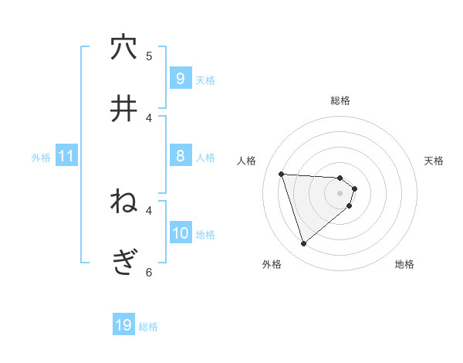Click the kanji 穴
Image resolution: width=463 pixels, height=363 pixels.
(123, 48)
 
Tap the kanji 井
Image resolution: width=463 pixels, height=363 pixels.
(123, 110)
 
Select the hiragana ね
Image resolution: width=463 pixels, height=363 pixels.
(123, 202)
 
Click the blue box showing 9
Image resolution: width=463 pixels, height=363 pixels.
(180, 78)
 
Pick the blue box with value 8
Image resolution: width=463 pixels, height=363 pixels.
(180, 156)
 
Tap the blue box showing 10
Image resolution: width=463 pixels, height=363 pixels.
(180, 233)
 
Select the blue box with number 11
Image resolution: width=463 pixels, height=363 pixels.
(66, 156)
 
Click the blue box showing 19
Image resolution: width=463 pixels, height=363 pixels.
(123, 325)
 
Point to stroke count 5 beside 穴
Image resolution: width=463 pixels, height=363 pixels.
(149, 56)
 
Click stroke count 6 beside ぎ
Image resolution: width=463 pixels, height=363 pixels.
(149, 272)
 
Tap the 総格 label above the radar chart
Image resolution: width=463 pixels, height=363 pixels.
(340, 100)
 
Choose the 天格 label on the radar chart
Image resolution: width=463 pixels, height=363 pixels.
(434, 161)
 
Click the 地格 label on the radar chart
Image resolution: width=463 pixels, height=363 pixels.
(404, 264)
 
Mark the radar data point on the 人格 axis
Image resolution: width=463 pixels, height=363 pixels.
(282, 174)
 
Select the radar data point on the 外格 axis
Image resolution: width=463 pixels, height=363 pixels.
(303, 244)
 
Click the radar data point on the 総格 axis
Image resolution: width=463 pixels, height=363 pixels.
(340, 178)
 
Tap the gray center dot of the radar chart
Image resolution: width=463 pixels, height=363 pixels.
(340, 203)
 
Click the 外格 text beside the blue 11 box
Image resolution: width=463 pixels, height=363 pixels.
(41, 157)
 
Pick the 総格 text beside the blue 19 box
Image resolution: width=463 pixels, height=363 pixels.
(148, 327)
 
